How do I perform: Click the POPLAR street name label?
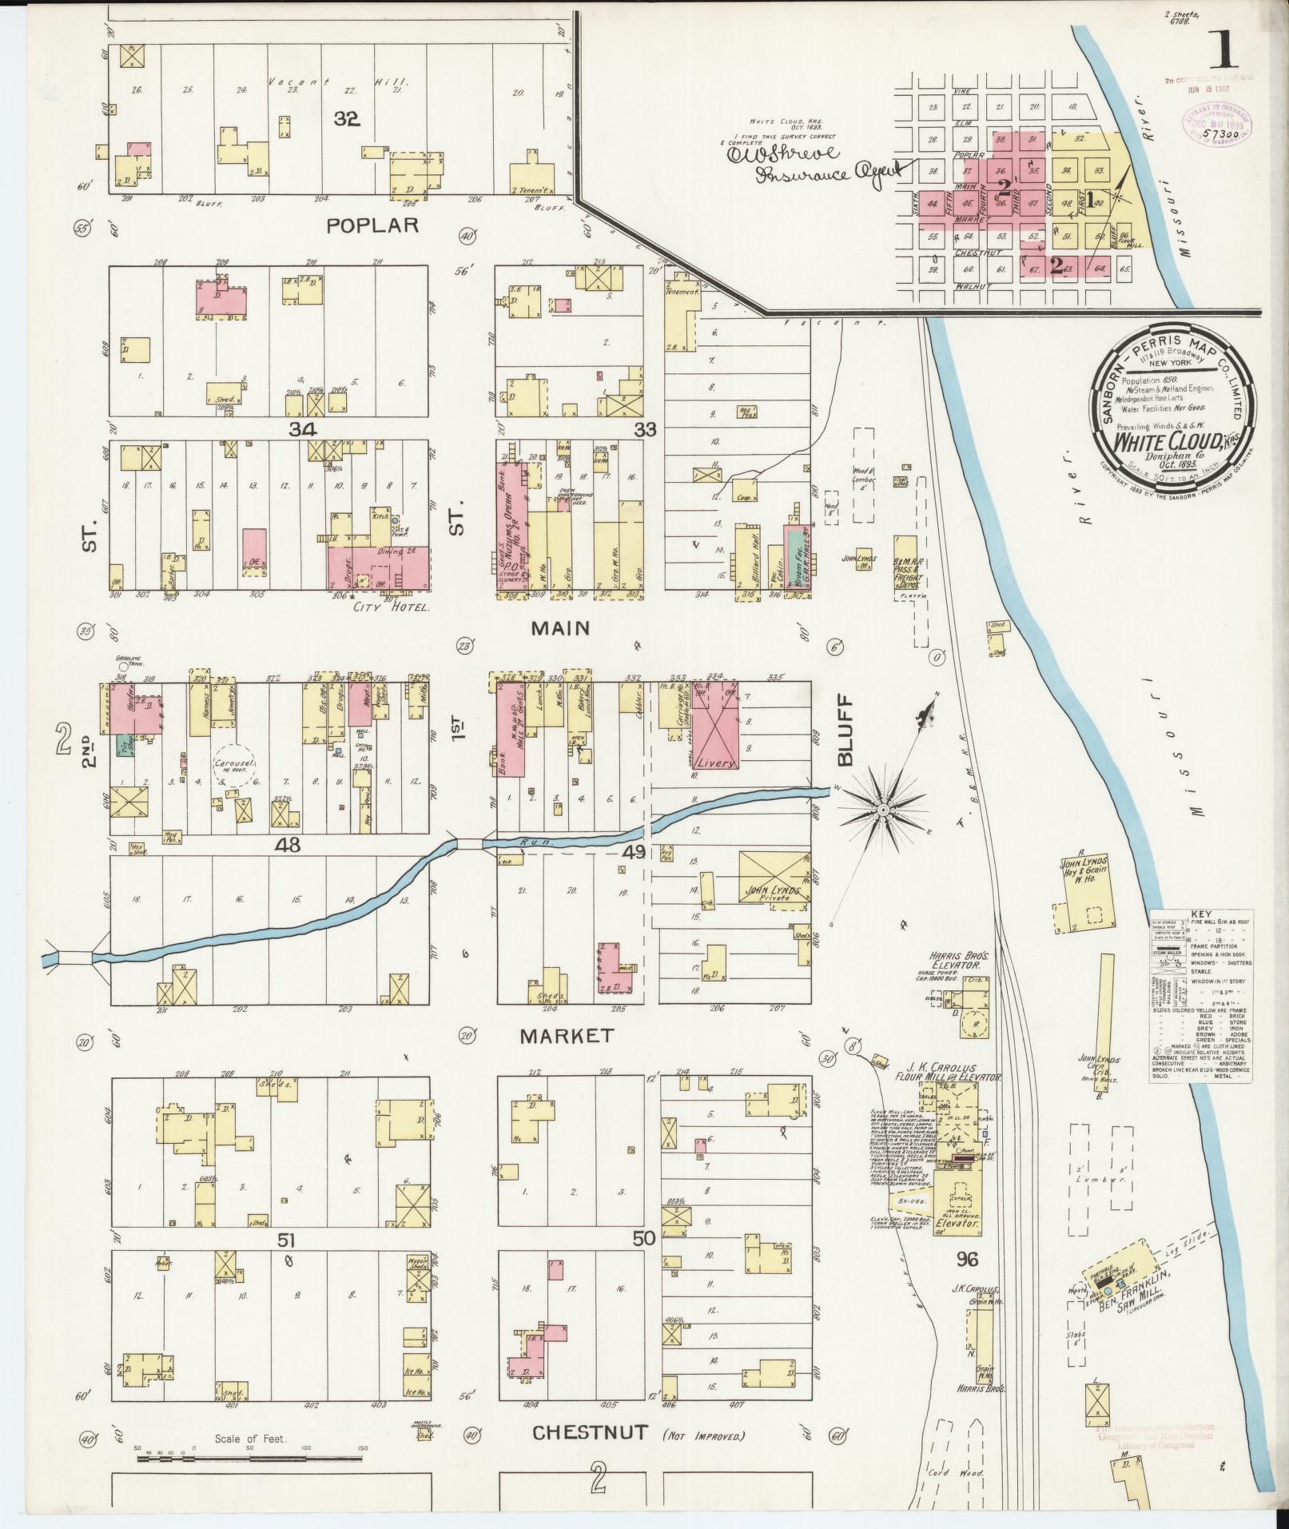tap(372, 225)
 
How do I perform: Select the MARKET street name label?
tap(567, 1036)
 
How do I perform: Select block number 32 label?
tap(347, 119)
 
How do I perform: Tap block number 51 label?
tap(287, 1262)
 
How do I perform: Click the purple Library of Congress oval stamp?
tap(1215, 125)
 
